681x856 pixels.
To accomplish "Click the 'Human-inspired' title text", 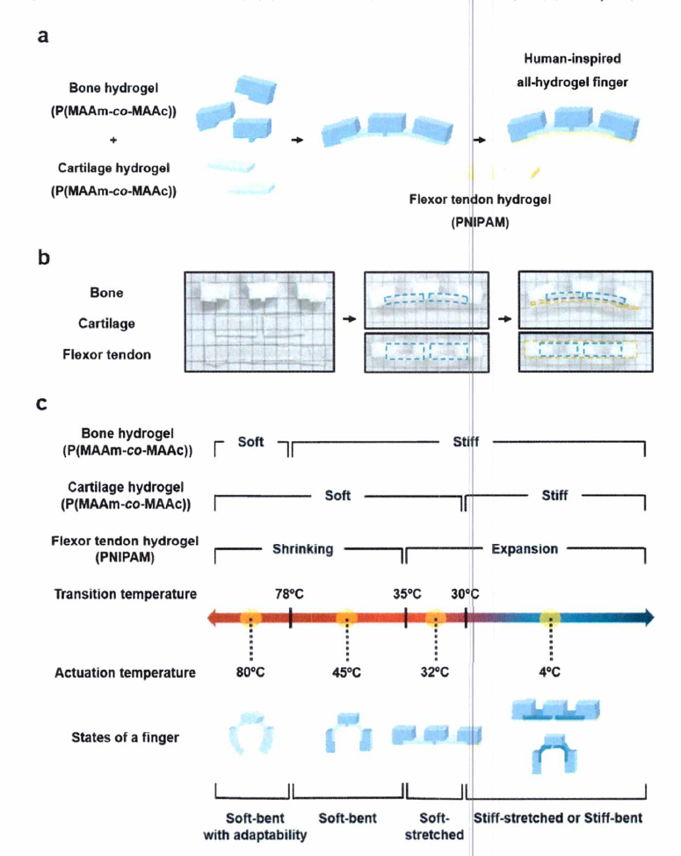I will tap(572, 59).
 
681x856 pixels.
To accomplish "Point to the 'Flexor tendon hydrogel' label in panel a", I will tap(480, 199).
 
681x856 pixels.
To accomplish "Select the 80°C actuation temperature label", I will tap(251, 672).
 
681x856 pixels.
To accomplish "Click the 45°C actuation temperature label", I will tap(346, 672).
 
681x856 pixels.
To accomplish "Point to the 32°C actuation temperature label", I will tap(434, 672).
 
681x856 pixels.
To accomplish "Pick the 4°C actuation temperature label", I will tap(550, 672).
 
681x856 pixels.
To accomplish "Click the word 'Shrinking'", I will tap(303, 549).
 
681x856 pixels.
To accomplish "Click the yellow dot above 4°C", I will tap(550, 617).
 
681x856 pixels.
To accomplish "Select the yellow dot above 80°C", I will tap(251, 617).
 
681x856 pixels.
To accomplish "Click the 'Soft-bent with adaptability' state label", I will tap(255, 826).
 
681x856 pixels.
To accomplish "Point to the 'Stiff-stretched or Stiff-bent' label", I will tap(558, 817).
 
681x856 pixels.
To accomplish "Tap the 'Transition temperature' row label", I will tap(126, 594).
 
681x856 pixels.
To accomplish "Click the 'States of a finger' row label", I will tap(125, 736).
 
